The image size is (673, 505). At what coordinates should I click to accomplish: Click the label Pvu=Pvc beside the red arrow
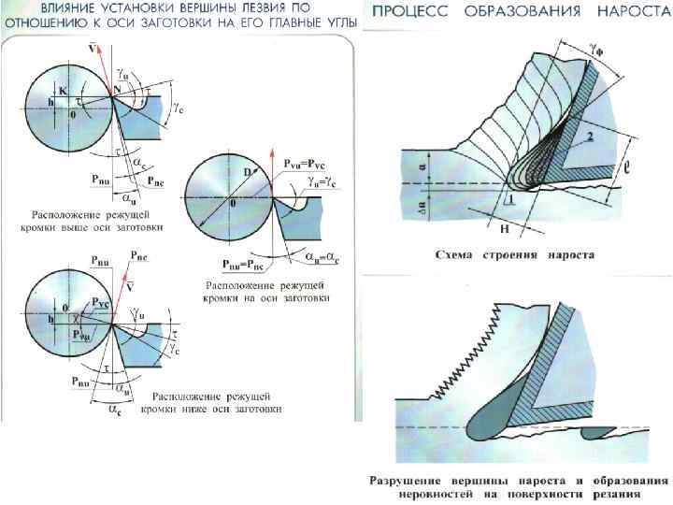(x=309, y=162)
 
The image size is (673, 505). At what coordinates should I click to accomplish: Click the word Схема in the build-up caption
(x=462, y=254)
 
